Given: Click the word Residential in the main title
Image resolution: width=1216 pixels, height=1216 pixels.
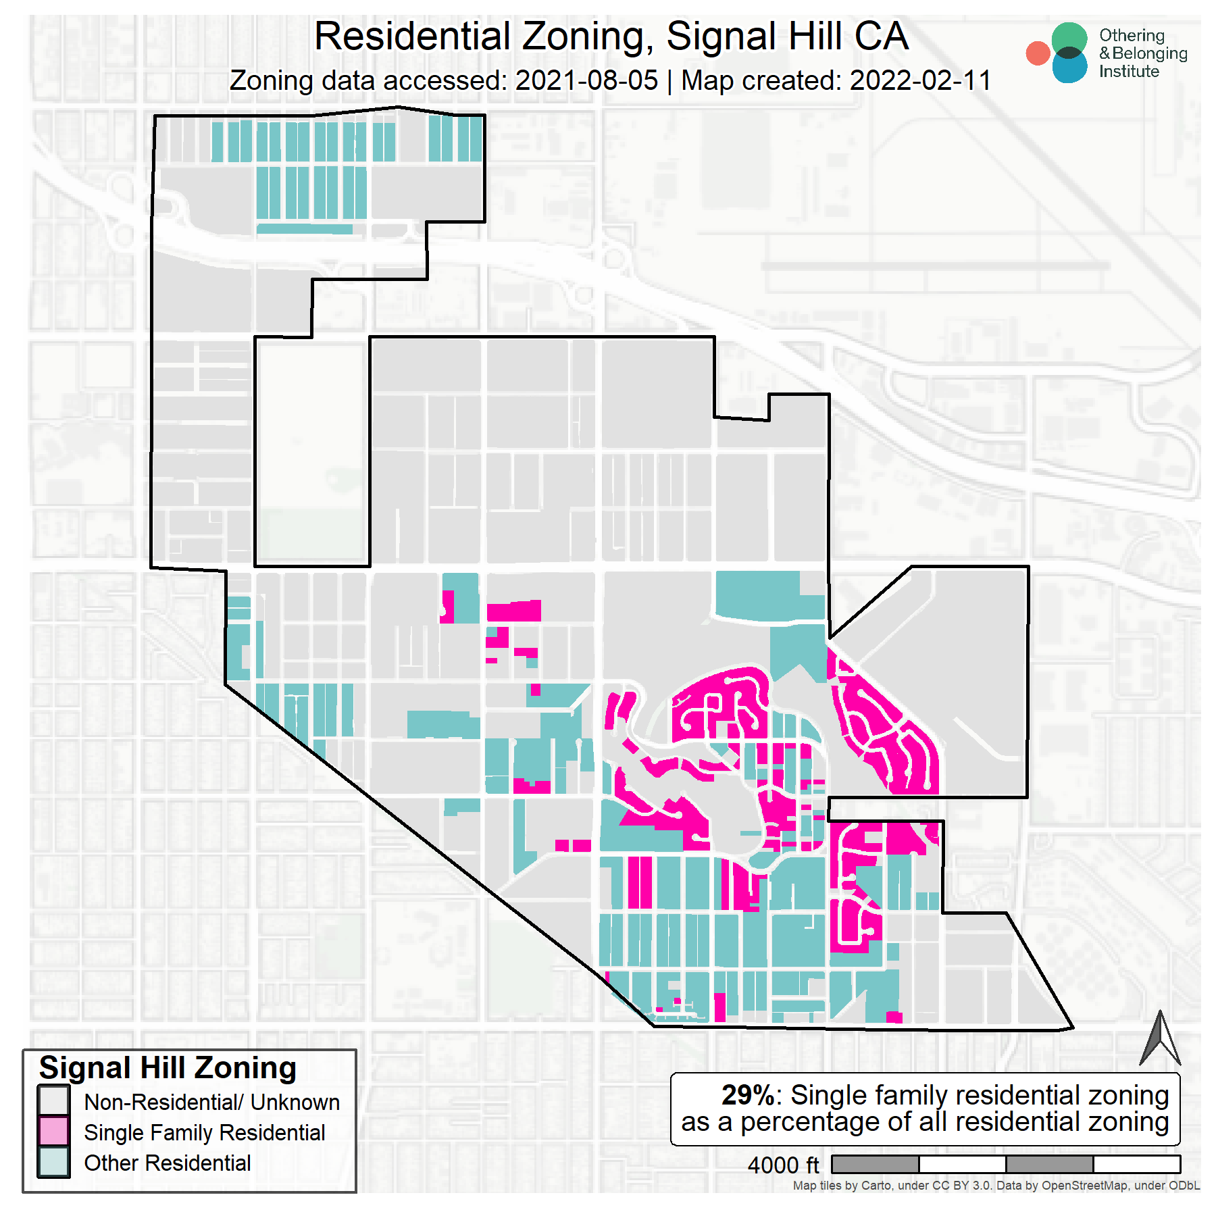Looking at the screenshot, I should pos(412,36).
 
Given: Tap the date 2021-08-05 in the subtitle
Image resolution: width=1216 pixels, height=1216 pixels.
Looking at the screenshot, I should pos(586,80).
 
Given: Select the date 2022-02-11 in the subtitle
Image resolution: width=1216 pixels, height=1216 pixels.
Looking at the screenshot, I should pos(920,80).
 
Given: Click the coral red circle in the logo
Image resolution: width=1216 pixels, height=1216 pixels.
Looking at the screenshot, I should pos(1038,53).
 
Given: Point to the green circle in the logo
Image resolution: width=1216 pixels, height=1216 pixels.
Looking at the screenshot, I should pos(1069,36).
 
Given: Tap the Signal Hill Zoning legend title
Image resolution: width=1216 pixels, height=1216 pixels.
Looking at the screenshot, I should pos(168,1068).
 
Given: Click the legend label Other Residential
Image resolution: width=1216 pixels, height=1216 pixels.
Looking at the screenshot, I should pos(167,1163).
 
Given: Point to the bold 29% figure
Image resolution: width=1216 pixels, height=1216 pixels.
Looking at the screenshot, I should pos(747,1095).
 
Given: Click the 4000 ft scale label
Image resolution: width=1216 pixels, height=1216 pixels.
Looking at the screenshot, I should pos(782,1165).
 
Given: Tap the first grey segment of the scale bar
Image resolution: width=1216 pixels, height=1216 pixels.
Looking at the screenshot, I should pos(875,1164).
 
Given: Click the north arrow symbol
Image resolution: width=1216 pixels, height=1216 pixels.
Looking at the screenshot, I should pos(1160,1038).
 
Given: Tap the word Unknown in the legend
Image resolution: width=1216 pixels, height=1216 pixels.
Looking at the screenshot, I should pos(295,1102).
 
